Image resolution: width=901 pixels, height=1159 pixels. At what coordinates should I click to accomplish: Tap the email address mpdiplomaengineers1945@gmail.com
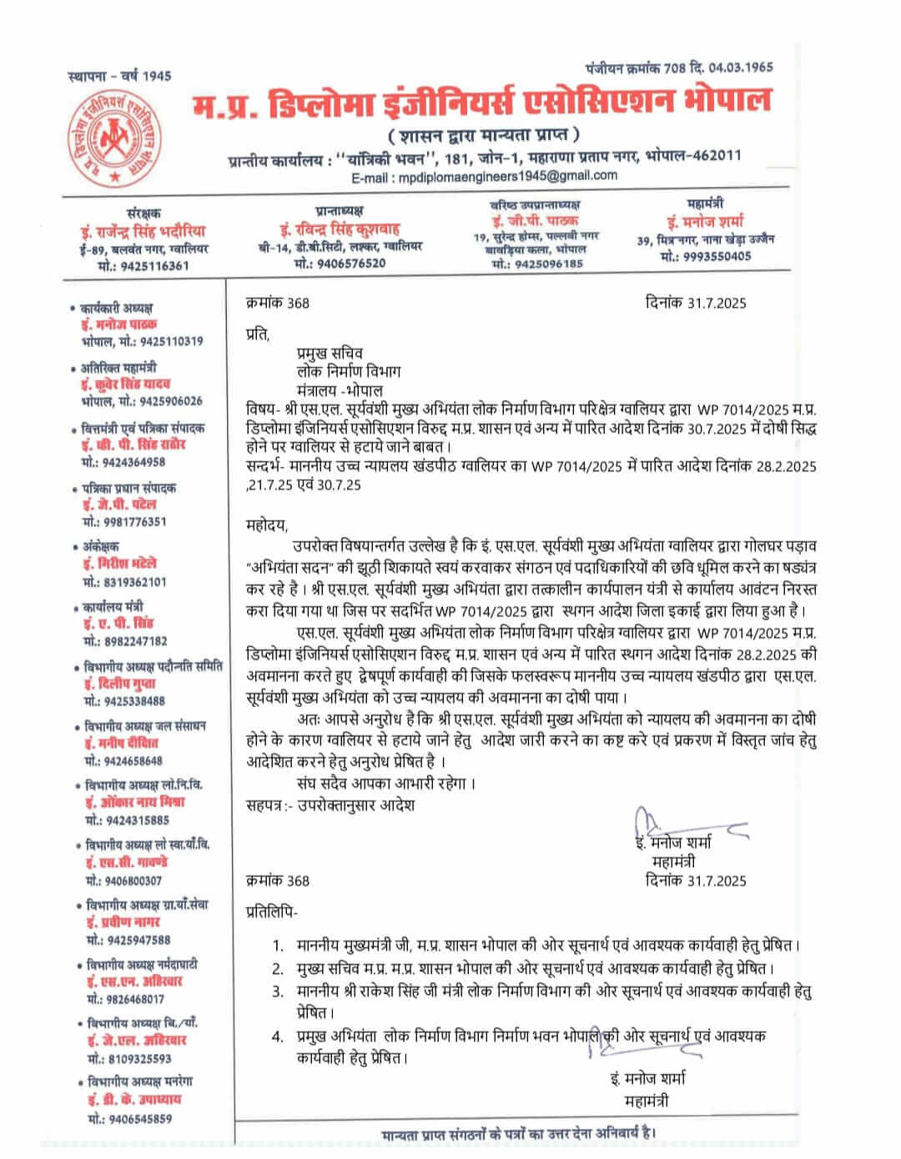pos(508,176)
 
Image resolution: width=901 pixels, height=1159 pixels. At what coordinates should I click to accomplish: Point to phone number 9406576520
pos(352,263)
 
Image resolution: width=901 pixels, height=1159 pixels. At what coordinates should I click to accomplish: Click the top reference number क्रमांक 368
pos(278,303)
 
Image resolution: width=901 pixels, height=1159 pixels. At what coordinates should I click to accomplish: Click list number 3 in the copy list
pos(278,991)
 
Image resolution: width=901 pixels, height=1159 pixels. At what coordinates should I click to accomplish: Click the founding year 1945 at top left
pos(156,77)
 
